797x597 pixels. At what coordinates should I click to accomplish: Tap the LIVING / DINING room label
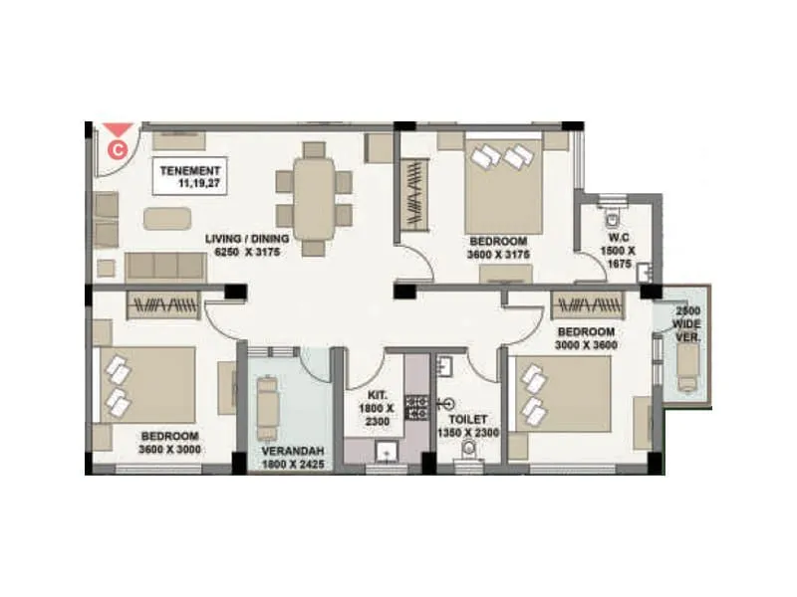247,246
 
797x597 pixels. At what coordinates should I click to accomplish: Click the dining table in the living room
313,195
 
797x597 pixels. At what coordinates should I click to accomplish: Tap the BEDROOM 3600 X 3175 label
497,248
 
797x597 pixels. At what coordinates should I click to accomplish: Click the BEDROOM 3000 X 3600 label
588,338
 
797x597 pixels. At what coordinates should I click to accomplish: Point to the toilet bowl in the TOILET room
468,454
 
